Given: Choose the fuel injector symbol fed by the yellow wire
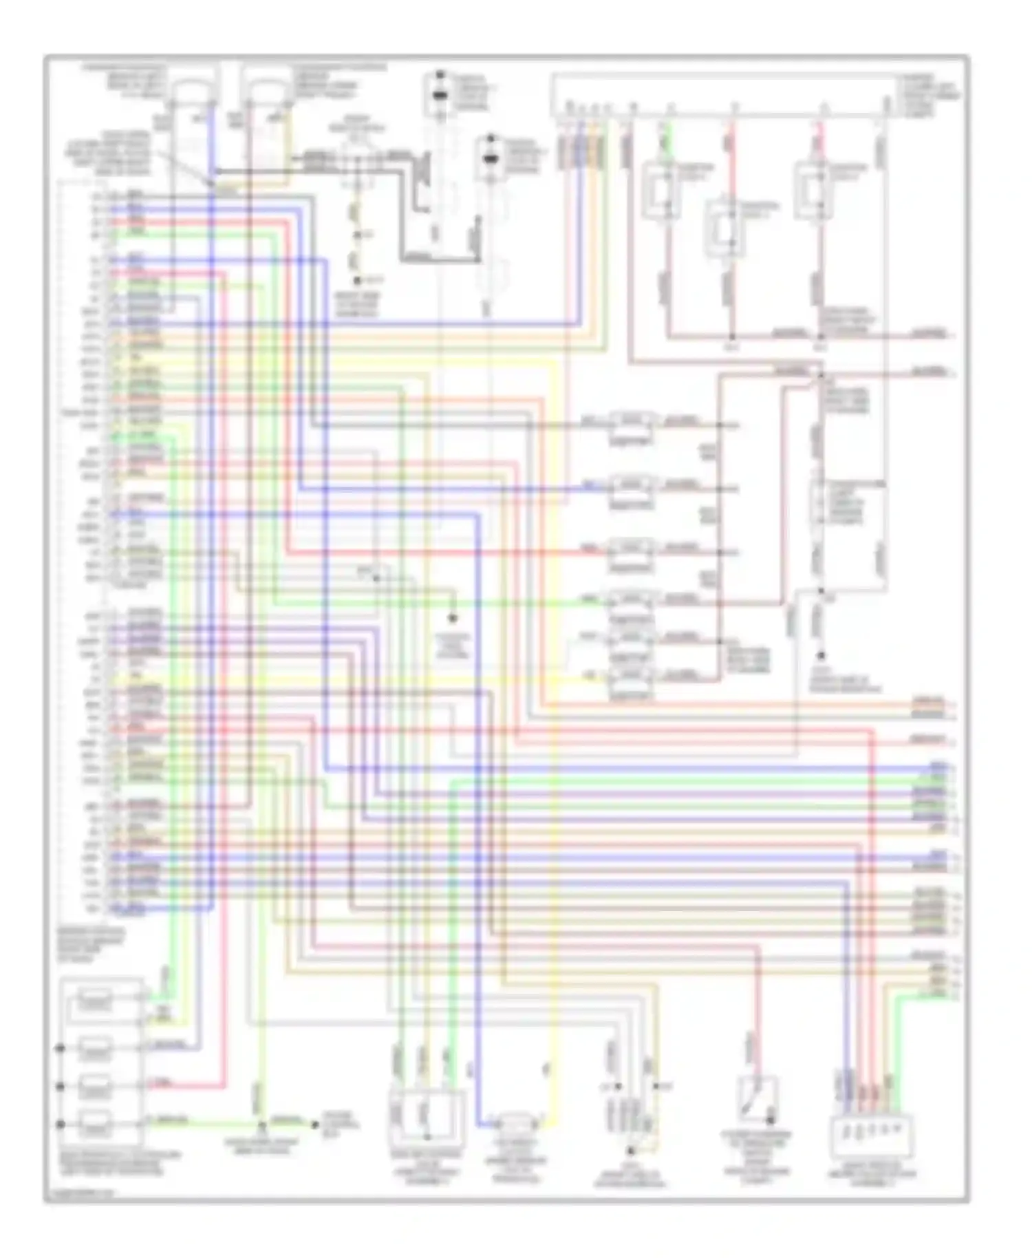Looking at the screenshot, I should pos(632,677).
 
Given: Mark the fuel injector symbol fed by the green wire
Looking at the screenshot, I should pos(632,601).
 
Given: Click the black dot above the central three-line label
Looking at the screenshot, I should pos(453,618).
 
